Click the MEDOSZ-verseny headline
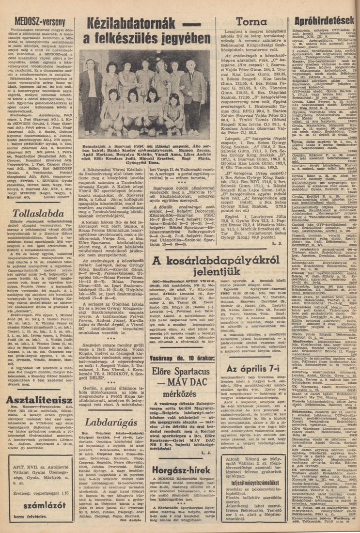[34, 21]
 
